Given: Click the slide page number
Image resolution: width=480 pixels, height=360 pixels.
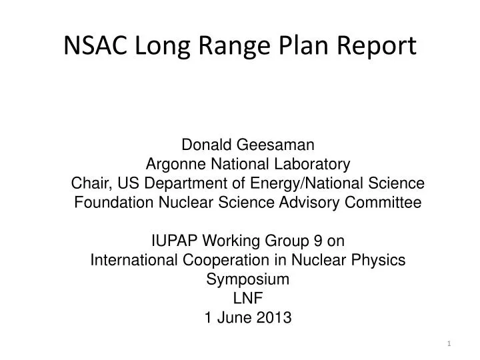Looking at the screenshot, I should click(449, 343).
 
